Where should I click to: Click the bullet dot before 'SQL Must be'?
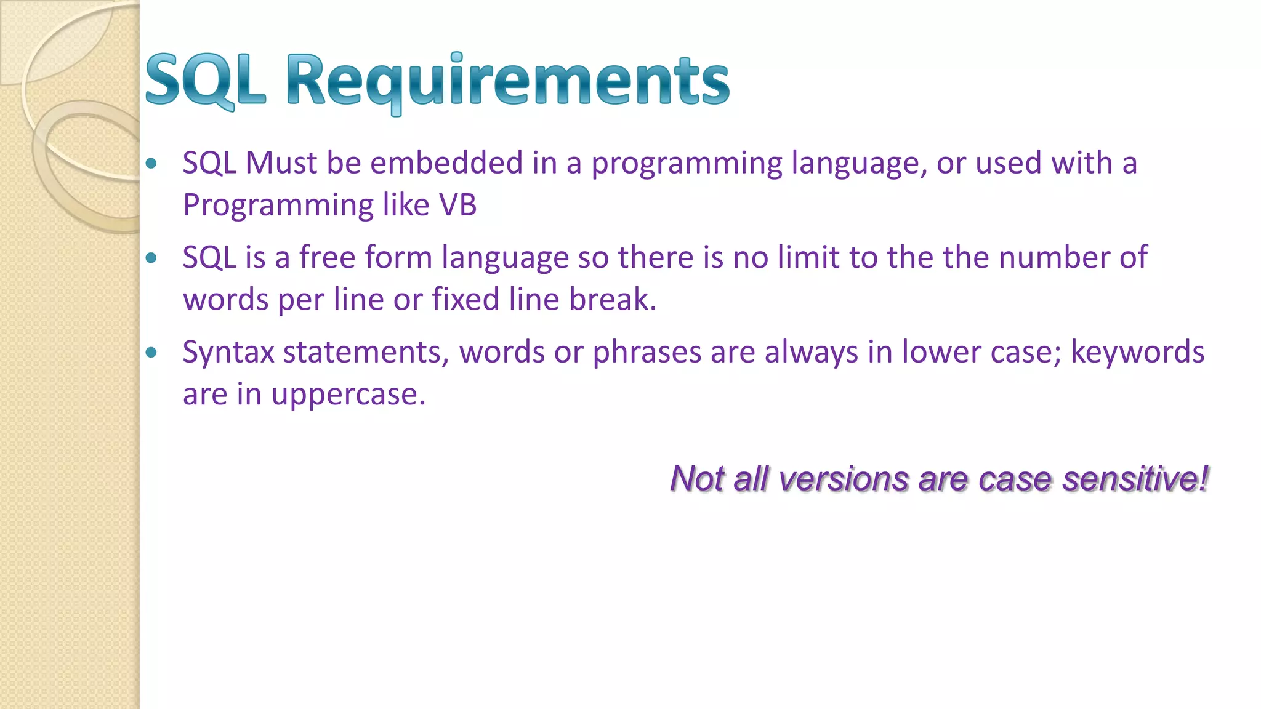[x=151, y=164]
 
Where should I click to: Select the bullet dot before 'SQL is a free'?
[x=151, y=258]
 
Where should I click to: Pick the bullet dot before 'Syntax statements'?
[x=151, y=353]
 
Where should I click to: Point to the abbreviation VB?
[x=457, y=205]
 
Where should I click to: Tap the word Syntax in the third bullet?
[x=228, y=353]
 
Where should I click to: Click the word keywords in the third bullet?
[x=1137, y=352]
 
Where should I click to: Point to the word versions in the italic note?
[x=843, y=479]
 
